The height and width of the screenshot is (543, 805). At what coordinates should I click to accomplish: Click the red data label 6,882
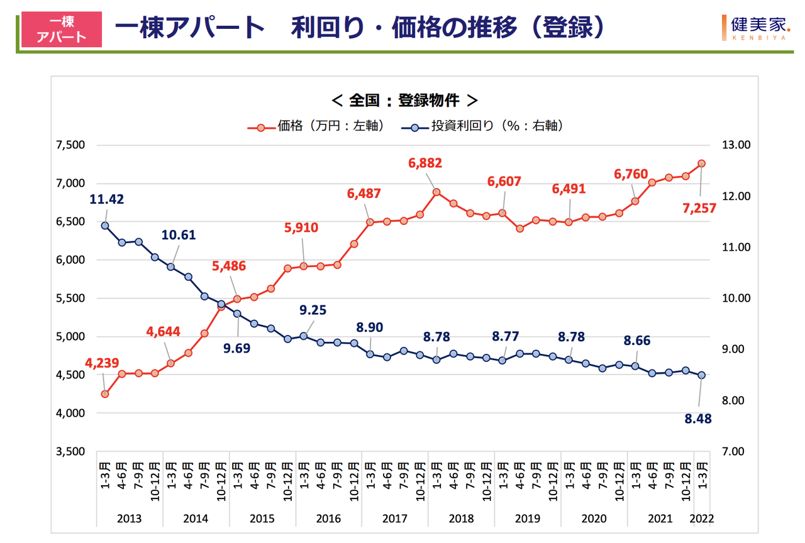point(425,163)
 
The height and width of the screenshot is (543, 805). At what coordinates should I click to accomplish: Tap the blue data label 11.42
point(106,200)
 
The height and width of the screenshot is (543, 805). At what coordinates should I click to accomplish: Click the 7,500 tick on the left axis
point(70,145)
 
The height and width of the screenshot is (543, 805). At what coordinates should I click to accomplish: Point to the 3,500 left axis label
point(70,452)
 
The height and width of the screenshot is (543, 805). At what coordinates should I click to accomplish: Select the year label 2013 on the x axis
point(129,519)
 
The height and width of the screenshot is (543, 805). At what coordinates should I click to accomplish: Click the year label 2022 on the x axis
point(702,519)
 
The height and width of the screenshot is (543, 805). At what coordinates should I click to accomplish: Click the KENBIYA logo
point(754,28)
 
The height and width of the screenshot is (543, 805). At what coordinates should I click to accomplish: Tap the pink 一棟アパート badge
point(62,29)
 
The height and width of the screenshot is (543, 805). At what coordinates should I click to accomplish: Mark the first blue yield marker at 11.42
point(105,226)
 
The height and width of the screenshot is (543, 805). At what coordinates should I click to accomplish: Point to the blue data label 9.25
point(312,310)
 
